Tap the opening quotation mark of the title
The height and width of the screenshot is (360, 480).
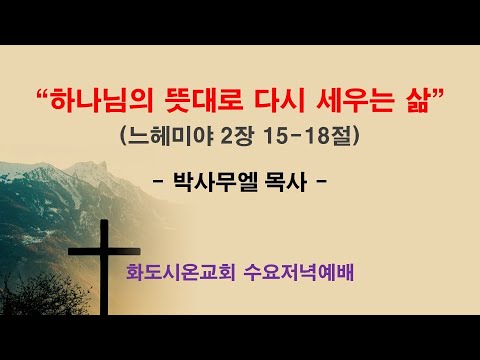(43, 95)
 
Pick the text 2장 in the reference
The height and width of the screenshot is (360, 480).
(236, 135)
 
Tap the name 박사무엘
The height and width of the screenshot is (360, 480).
(219, 183)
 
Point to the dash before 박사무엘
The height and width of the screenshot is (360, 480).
(159, 184)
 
